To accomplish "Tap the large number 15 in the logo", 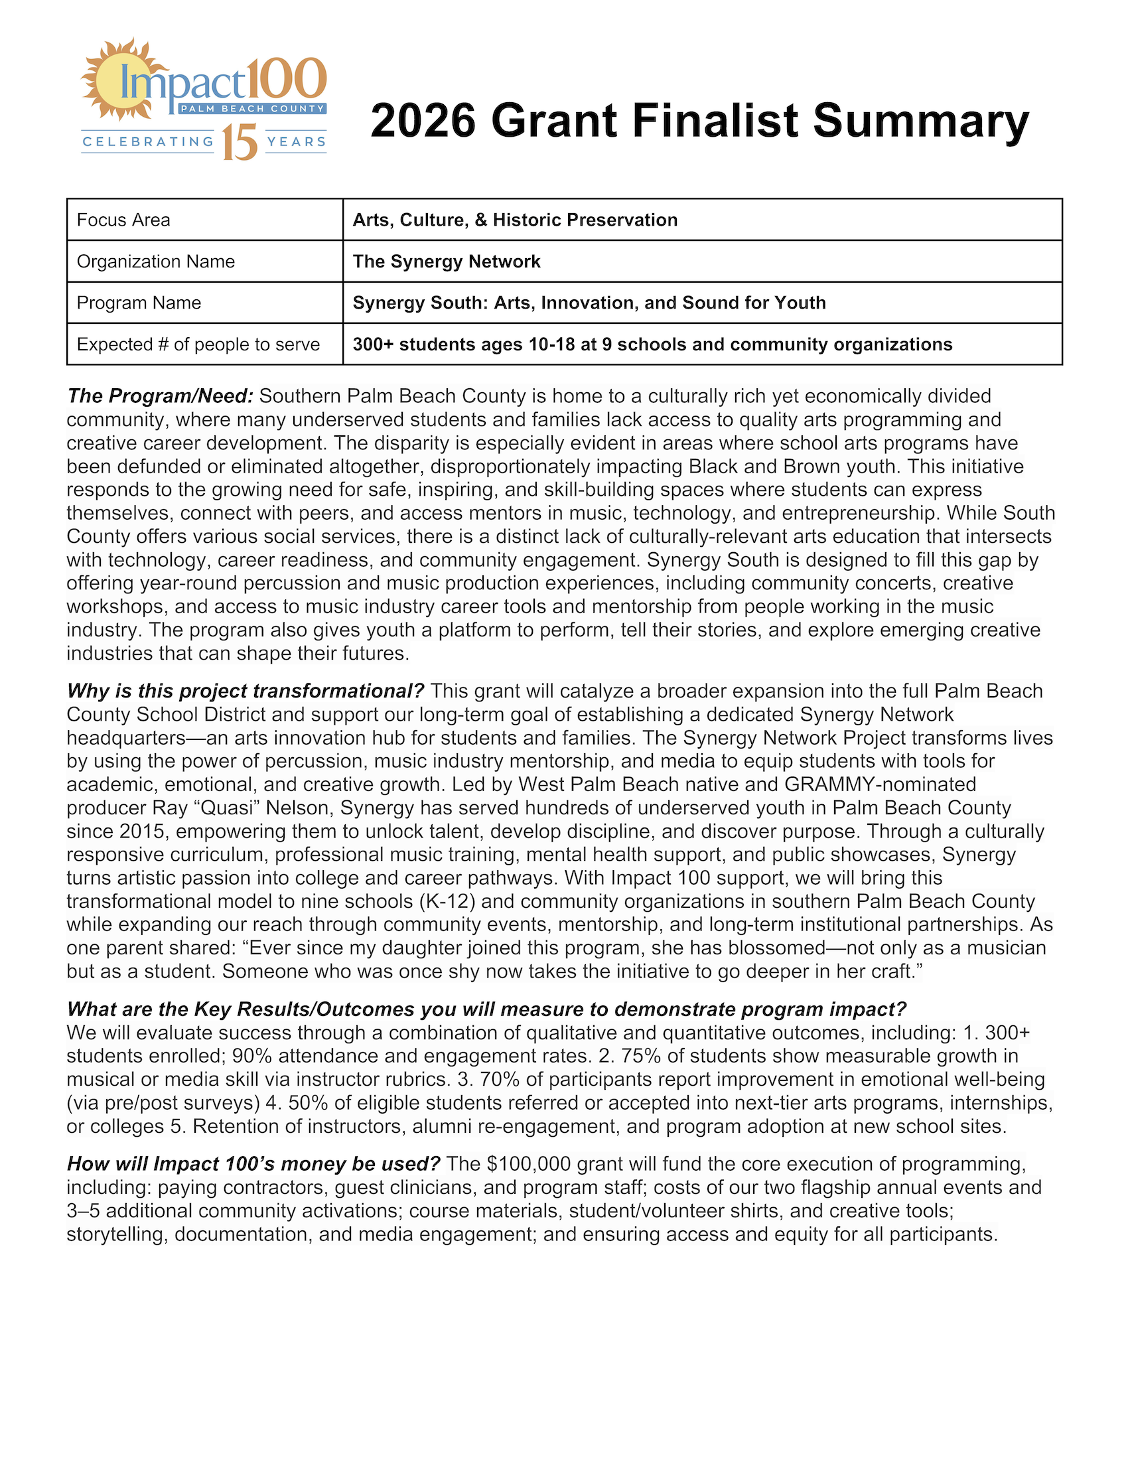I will (240, 143).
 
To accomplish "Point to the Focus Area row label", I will (123, 220).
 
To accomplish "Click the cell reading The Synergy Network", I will (447, 261).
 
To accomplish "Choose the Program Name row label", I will (139, 303).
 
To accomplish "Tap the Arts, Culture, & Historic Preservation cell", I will (514, 220).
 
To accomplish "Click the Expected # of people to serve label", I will (198, 344).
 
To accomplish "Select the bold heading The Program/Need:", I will (161, 396).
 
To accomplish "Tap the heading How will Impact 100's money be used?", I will (254, 1164).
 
